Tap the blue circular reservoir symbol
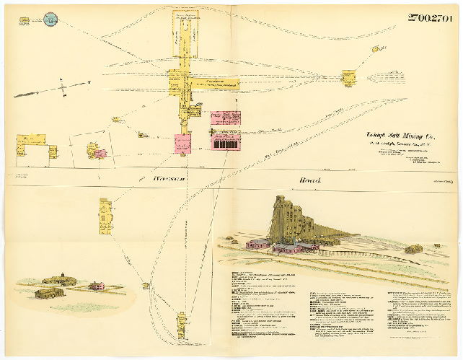50,19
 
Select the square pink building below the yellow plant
182,141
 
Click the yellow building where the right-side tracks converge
349,76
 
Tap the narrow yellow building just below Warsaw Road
106,216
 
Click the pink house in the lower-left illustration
96,286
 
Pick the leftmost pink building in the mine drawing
257,244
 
